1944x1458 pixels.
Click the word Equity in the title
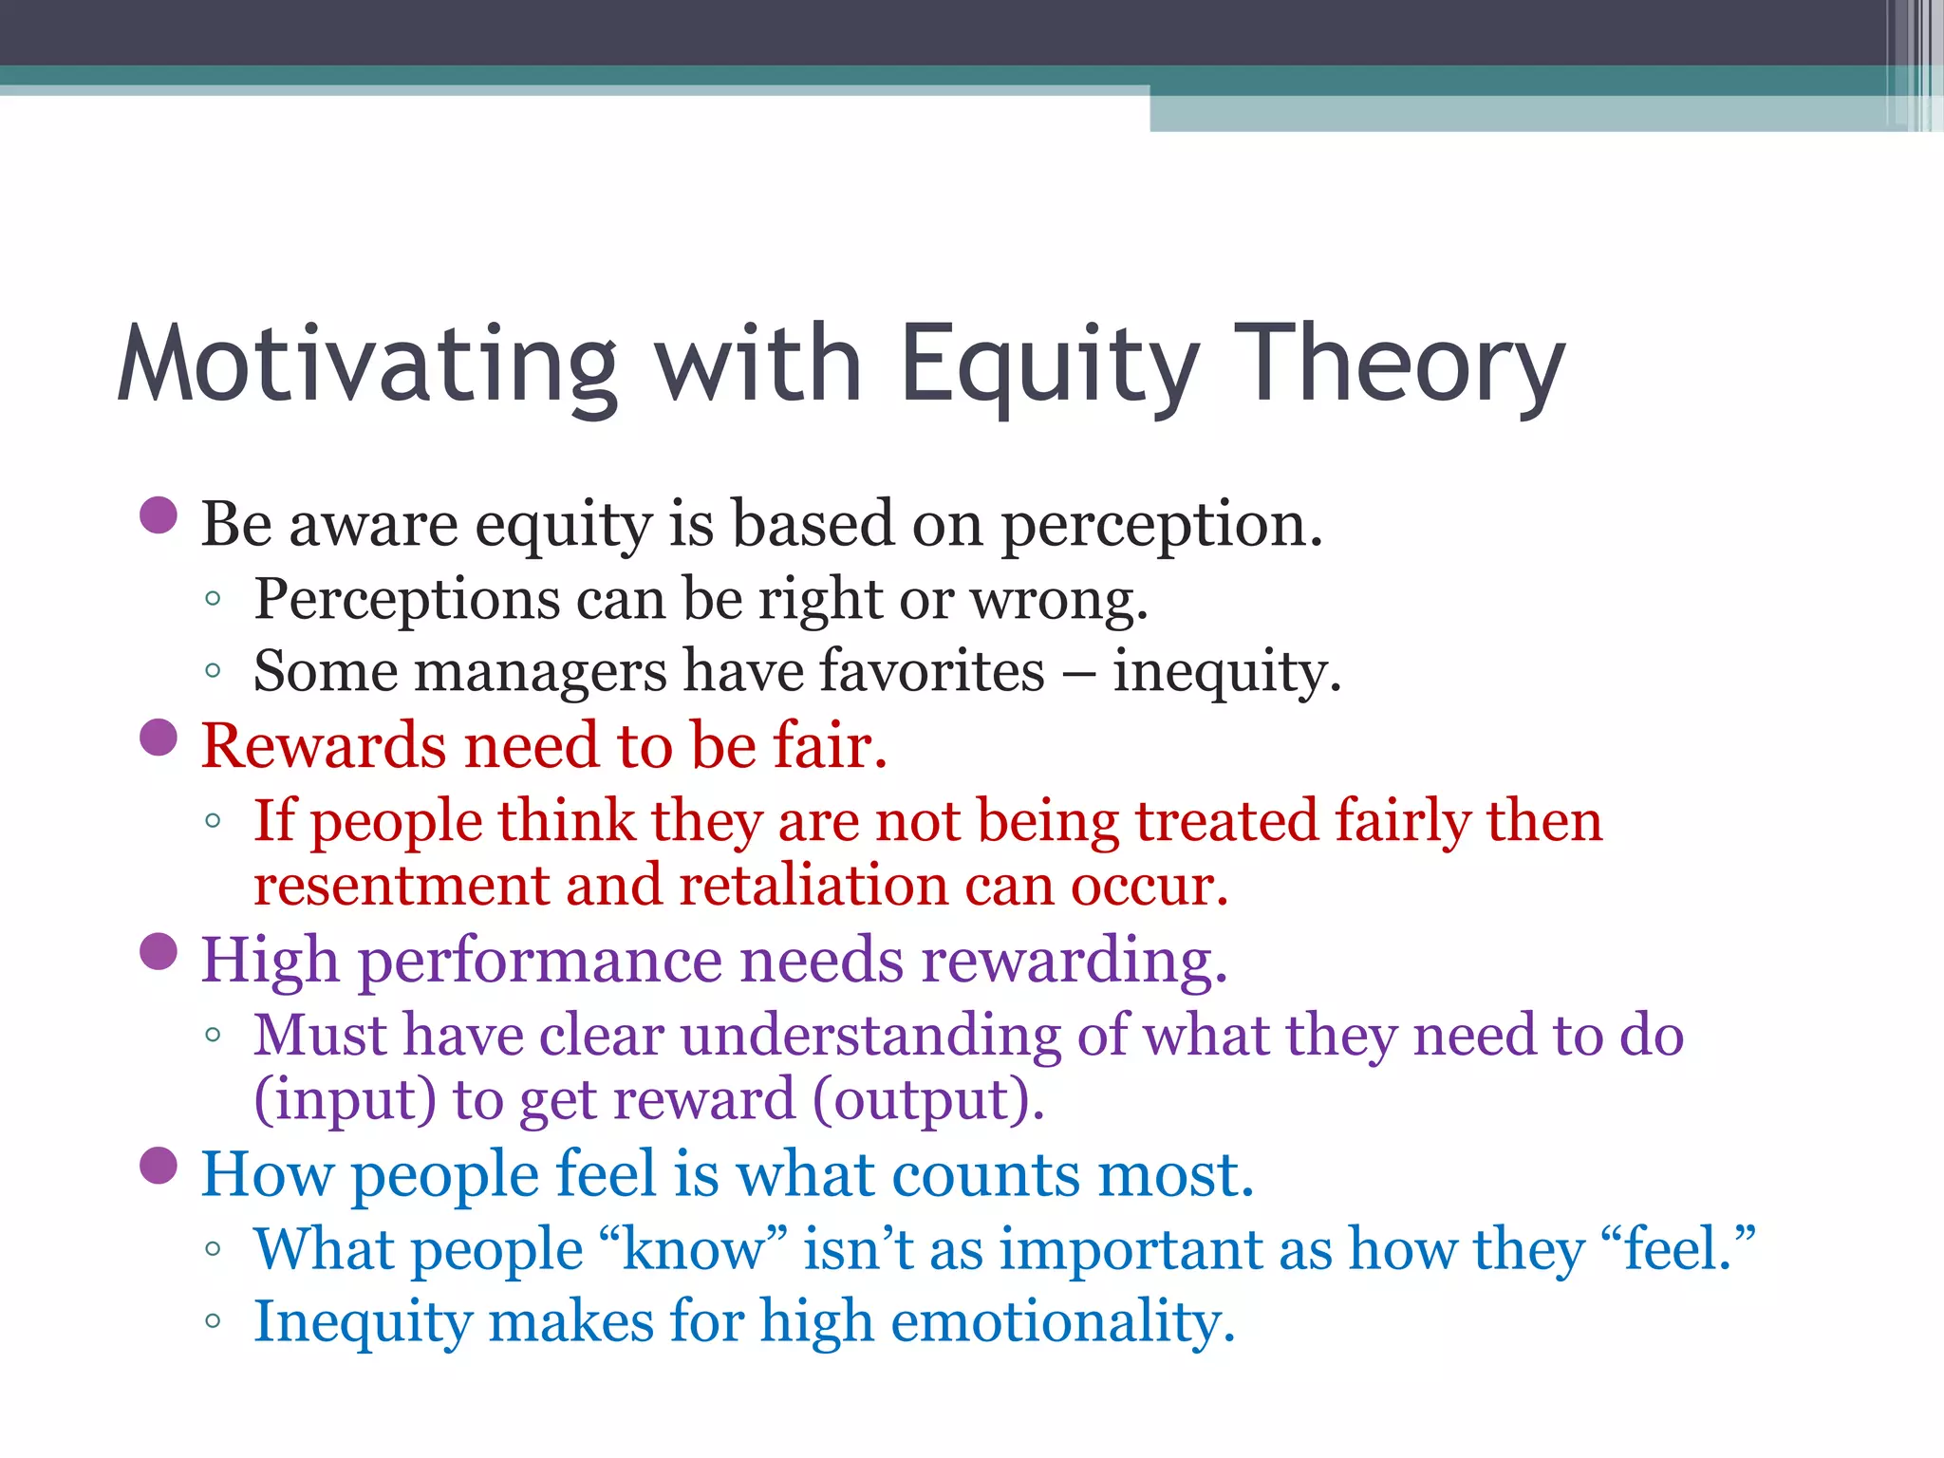1049,365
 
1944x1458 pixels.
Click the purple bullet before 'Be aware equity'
159,515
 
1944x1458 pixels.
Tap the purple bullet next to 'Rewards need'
159,738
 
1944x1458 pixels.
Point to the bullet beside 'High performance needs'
159,952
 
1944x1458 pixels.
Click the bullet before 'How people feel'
159,1166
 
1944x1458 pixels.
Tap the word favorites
931,672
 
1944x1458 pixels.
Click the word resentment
402,887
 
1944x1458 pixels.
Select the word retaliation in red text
813,887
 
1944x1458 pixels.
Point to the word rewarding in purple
1074,961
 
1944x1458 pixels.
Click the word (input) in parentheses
346,1101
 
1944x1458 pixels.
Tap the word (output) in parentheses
927,1101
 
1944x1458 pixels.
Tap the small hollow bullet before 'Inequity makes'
213,1321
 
